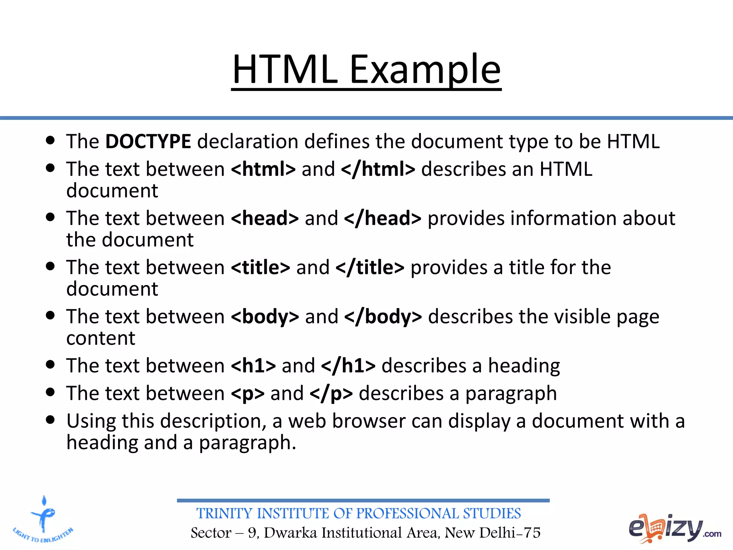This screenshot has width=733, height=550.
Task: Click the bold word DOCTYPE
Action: [x=148, y=141]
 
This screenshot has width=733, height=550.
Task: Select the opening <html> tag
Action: [x=263, y=169]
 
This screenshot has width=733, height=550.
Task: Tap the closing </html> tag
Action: [x=378, y=169]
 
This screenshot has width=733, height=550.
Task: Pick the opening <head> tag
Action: [x=265, y=218]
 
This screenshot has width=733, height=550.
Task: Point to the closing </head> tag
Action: [x=383, y=218]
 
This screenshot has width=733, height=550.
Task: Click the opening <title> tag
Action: [x=261, y=267]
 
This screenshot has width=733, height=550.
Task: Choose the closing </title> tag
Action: [x=370, y=267]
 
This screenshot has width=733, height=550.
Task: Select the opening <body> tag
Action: [x=265, y=317]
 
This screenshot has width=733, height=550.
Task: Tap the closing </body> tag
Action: [x=383, y=317]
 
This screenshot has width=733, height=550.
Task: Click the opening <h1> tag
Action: [x=253, y=366]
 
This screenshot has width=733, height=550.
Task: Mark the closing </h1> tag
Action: [x=348, y=366]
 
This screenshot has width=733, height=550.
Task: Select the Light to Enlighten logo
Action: [x=43, y=520]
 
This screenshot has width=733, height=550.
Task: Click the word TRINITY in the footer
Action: [x=225, y=514]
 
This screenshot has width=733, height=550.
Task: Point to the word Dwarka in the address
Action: [x=290, y=533]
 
